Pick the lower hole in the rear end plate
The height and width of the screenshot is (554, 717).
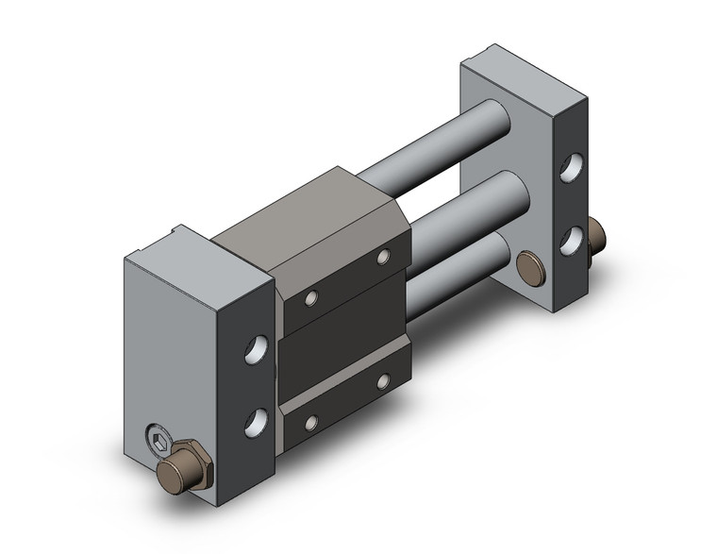570,240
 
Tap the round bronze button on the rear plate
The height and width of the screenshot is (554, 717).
533,266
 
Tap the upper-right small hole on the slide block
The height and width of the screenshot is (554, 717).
383,257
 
